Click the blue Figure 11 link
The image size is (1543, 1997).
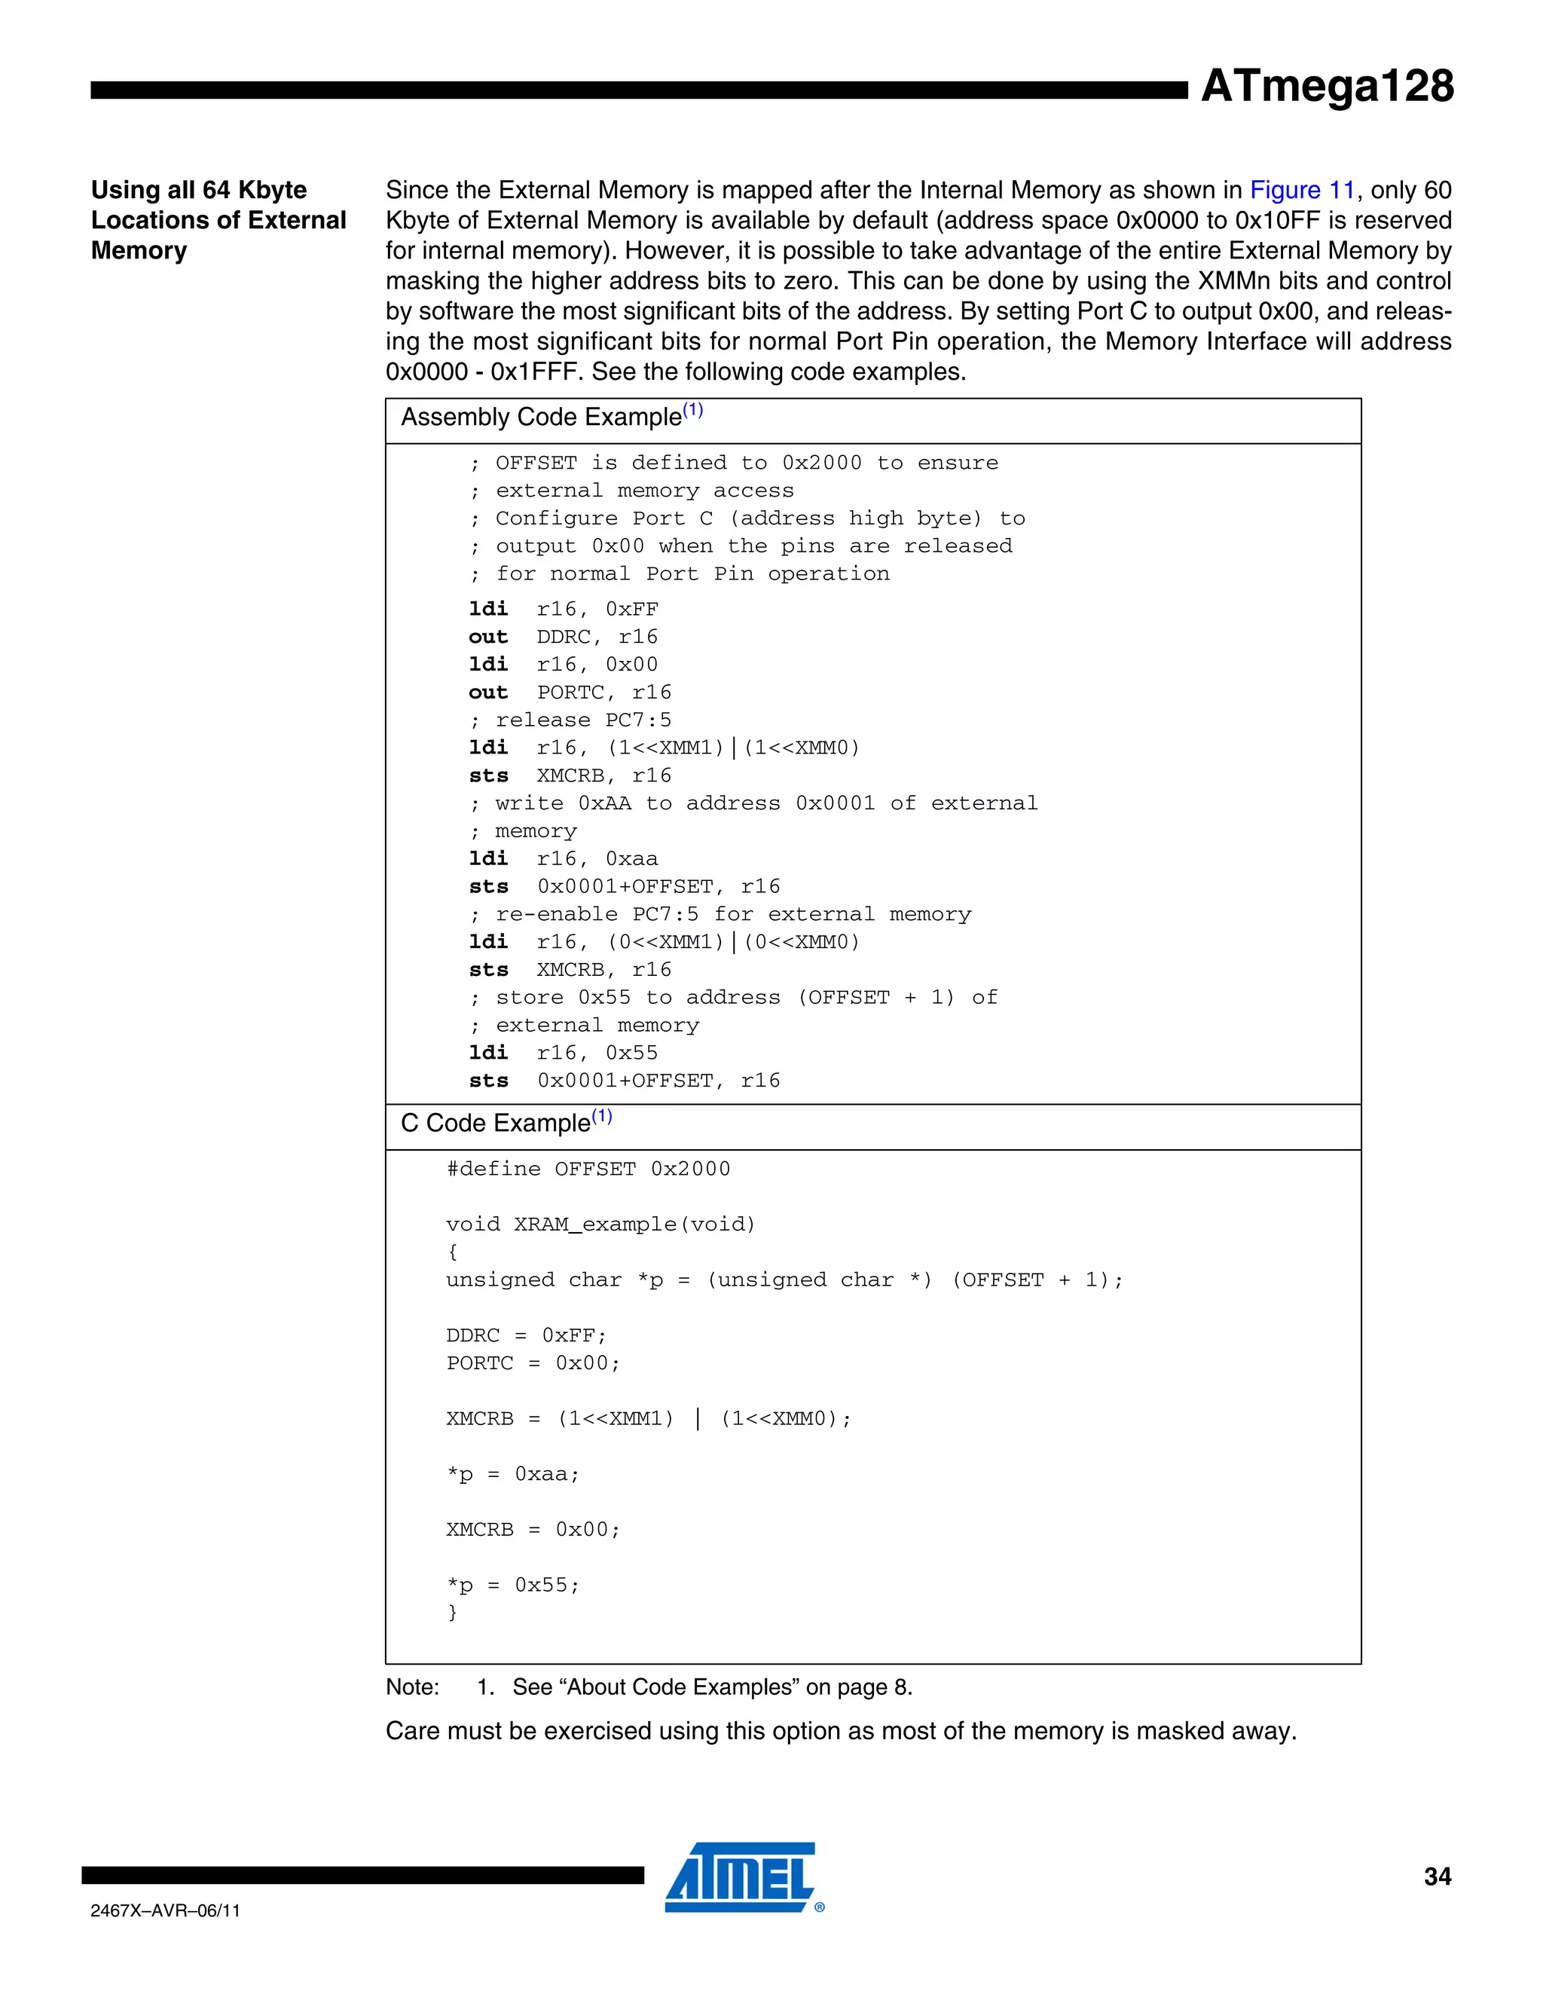1302,190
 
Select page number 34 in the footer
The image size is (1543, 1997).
1437,1876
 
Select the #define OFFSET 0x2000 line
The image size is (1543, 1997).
588,1169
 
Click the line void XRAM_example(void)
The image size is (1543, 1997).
600,1225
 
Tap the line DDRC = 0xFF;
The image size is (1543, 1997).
526,1335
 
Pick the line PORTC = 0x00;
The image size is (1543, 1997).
533,1362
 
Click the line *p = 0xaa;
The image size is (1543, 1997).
513,1474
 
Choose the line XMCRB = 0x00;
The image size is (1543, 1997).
533,1529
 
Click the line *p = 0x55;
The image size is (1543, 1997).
513,1585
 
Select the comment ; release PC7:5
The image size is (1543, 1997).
570,720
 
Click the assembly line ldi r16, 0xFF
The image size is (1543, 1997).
563,609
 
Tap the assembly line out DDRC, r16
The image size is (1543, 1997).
563,637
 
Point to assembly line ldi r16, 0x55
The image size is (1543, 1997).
563,1053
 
